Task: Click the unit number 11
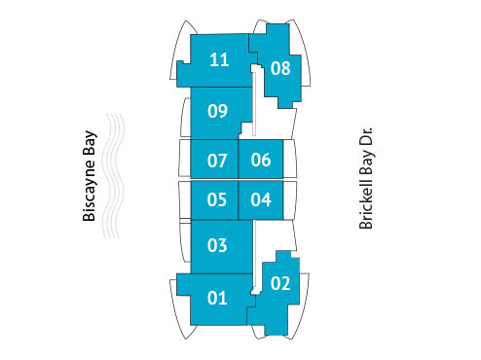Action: click(219, 60)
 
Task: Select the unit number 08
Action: click(280, 68)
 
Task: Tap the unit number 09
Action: click(217, 111)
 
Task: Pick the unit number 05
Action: click(217, 200)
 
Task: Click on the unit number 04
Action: click(260, 200)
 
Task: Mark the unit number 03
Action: click(217, 245)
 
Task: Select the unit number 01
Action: click(217, 298)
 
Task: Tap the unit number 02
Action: click(279, 285)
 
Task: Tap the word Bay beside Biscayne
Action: click(90, 148)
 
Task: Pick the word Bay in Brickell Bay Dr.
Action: click(367, 167)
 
